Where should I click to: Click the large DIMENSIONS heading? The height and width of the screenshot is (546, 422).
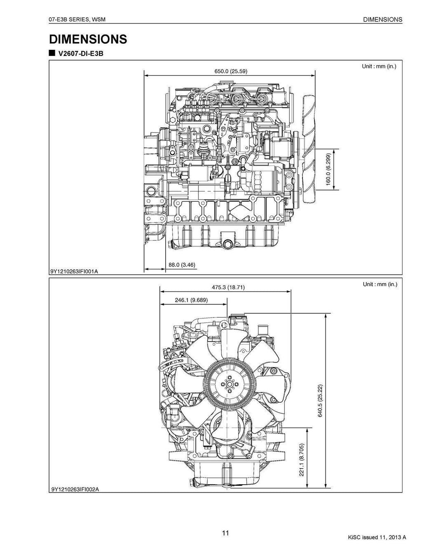pyautogui.click(x=88, y=39)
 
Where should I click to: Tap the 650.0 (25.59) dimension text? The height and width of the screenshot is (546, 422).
pyautogui.click(x=231, y=71)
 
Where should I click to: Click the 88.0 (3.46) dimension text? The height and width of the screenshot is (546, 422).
pyautogui.click(x=182, y=264)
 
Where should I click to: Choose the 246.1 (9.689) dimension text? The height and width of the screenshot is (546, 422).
pyautogui.click(x=191, y=300)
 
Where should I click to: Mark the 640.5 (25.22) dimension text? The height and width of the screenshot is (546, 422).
pyautogui.click(x=320, y=401)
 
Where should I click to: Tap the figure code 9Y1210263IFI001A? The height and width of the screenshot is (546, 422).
pyautogui.click(x=75, y=271)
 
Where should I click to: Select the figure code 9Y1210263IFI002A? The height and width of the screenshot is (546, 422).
pyautogui.click(x=75, y=489)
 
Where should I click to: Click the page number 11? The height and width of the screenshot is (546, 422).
pyautogui.click(x=225, y=533)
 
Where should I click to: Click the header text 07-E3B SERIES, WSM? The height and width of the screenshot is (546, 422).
pyautogui.click(x=78, y=19)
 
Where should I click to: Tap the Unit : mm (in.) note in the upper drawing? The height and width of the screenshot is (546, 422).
pyautogui.click(x=379, y=66)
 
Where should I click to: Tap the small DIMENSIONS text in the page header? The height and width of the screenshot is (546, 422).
pyautogui.click(x=383, y=19)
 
